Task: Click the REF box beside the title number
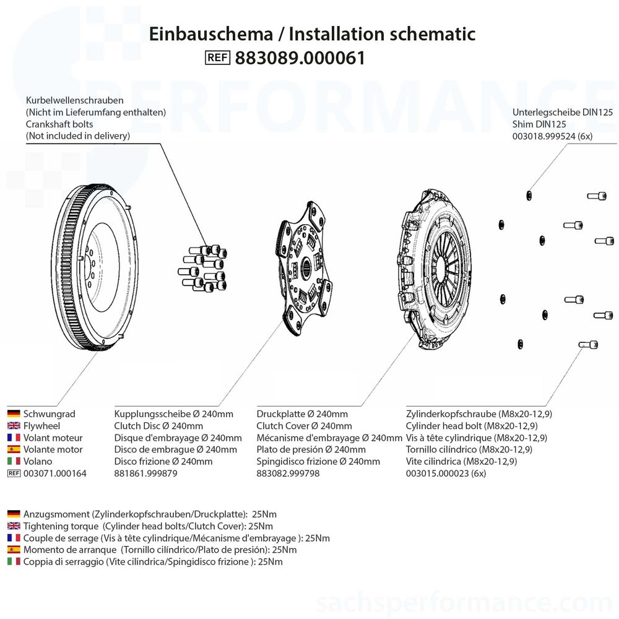[217, 58]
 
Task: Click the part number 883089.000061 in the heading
[300, 58]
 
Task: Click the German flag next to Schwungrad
[14, 414]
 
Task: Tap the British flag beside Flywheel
[14, 426]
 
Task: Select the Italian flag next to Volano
[14, 461]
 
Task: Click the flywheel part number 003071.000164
[54, 474]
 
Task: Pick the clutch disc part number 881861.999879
[146, 474]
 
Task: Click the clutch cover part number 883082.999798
[288, 474]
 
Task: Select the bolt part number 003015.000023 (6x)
[446, 474]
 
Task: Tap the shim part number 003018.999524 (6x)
[552, 136]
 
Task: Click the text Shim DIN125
[539, 124]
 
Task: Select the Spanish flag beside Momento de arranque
[14, 550]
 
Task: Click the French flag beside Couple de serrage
[14, 538]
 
